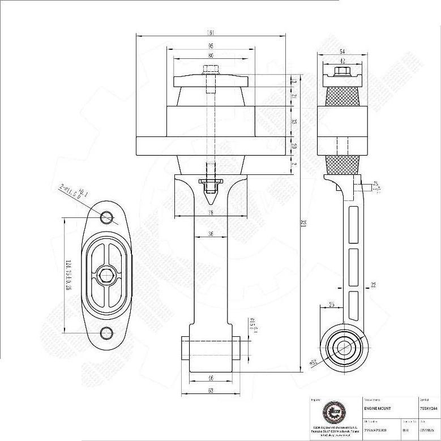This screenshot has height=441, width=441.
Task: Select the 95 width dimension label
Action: point(211,45)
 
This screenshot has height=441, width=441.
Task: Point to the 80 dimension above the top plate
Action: point(211,56)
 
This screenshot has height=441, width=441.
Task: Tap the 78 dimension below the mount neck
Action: point(211,213)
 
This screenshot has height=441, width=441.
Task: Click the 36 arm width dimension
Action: point(211,233)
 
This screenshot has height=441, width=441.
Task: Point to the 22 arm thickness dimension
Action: point(374,284)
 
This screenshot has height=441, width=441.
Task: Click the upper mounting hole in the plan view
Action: point(106,217)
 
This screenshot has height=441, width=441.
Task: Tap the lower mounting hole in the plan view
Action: point(106,333)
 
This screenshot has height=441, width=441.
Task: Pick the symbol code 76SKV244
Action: point(429,408)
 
